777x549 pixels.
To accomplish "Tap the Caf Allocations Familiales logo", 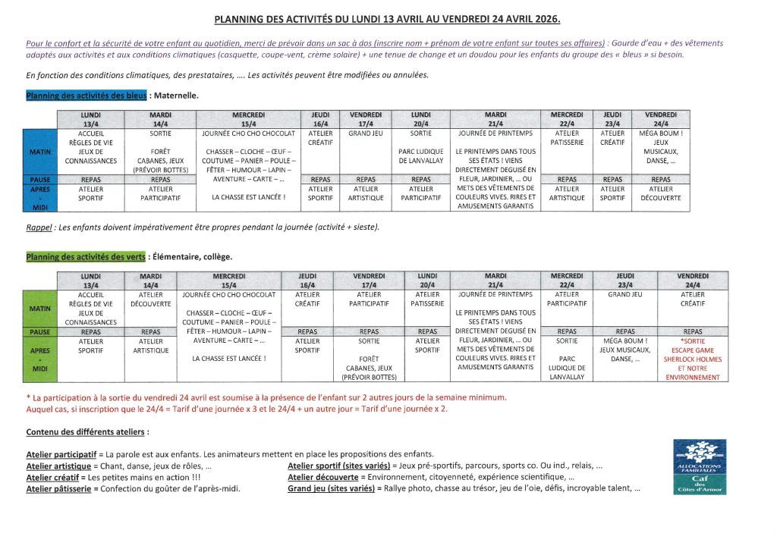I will pyautogui.click(x=700, y=468).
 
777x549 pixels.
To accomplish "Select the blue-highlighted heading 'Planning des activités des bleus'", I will pyautogui.click(x=87, y=96).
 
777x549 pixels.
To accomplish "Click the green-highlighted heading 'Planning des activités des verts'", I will pyautogui.click(x=85, y=257).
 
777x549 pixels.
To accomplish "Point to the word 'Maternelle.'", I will pyautogui.click(x=175, y=96).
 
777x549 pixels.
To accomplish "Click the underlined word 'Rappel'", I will pyautogui.click(x=38, y=227).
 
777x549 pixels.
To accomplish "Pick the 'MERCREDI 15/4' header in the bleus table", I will pyautogui.click(x=248, y=119).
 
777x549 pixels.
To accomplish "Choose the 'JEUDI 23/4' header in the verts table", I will pyautogui.click(x=625, y=281).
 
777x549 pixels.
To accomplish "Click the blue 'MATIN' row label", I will pyautogui.click(x=39, y=152).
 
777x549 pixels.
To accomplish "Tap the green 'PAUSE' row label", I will pyautogui.click(x=39, y=332).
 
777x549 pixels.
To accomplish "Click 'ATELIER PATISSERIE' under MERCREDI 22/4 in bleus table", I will pyautogui.click(x=567, y=137).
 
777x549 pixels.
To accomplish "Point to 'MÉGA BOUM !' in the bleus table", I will pyautogui.click(x=660, y=133).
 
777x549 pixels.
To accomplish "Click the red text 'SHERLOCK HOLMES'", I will pyautogui.click(x=692, y=359).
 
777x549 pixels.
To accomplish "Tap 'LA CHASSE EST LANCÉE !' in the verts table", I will pyautogui.click(x=228, y=359).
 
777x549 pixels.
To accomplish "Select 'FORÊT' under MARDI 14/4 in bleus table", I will pyautogui.click(x=160, y=152).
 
